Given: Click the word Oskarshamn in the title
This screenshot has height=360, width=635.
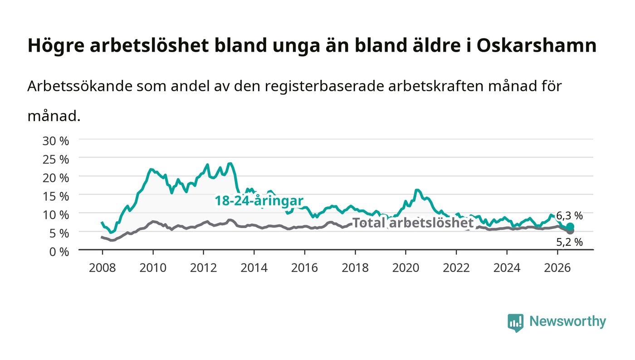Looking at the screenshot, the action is coord(537,45).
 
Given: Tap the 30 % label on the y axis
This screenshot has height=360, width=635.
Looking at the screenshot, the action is coord(56,141).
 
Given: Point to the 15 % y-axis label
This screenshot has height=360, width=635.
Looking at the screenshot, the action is coord(56,196).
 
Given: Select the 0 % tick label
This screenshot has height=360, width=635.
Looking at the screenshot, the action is coord(59,252).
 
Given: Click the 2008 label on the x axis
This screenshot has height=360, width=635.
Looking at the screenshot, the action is coord(103,268).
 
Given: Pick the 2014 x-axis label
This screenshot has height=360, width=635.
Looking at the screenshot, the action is coord(254,268).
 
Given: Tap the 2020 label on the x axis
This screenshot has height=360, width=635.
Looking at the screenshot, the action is coord(405,268).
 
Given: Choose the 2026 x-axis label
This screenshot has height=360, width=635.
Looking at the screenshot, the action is coord(557,268).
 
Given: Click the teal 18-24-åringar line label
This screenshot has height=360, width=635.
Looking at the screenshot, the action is coord(259,201).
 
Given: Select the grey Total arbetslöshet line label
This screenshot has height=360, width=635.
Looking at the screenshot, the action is coord(413,223).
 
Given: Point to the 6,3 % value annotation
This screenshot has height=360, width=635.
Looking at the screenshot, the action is coord(570,216).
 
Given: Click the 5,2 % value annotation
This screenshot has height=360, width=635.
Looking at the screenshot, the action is coord(570,242).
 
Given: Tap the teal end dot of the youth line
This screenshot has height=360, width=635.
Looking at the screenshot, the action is coord(570,227).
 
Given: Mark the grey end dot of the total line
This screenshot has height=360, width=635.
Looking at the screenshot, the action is coord(570,231).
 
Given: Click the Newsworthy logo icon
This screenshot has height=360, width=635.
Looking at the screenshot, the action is coord(515,323).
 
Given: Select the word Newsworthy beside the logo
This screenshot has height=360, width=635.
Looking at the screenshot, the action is coord(567,321).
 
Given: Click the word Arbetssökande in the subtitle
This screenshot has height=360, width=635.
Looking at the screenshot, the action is coord(80,86).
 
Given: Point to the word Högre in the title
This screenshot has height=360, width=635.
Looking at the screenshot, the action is coord(56,46).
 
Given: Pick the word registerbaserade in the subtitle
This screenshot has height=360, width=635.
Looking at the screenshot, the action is coord(324,87).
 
